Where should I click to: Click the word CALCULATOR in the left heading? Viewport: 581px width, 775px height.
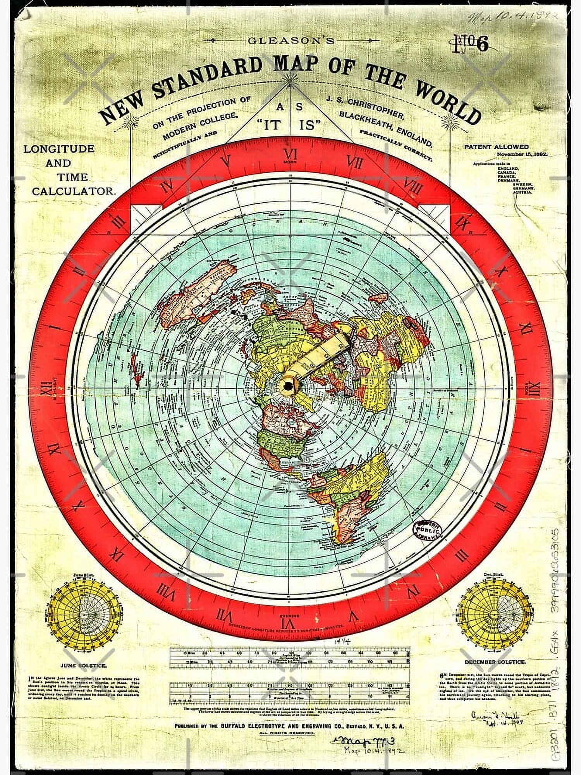pyautogui.click(x=74, y=191)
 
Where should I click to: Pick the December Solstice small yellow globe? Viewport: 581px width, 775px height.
pyautogui.click(x=495, y=612)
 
